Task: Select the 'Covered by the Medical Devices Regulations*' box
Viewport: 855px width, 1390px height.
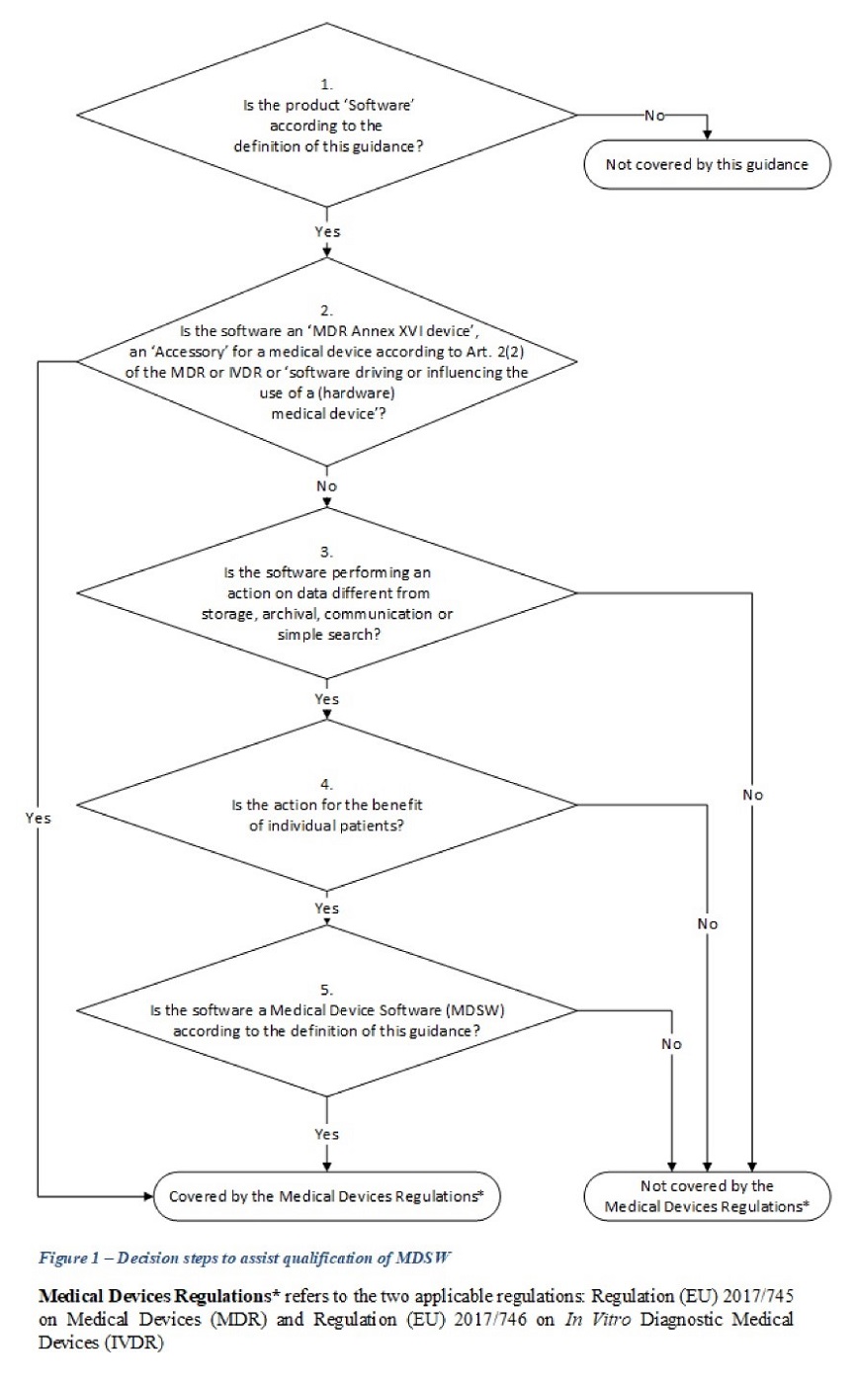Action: click(326, 1195)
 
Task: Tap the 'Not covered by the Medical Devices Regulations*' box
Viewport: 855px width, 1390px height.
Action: click(707, 1196)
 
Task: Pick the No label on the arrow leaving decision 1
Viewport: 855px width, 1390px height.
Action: click(655, 116)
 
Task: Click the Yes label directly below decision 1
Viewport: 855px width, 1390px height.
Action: click(326, 230)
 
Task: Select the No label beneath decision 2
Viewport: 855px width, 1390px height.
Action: click(326, 486)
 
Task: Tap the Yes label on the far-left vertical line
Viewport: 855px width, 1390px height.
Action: click(39, 818)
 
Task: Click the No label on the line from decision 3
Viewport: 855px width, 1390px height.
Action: click(753, 794)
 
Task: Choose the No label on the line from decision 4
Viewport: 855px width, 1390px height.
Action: click(707, 923)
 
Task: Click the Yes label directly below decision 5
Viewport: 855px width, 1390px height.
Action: click(326, 1134)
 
